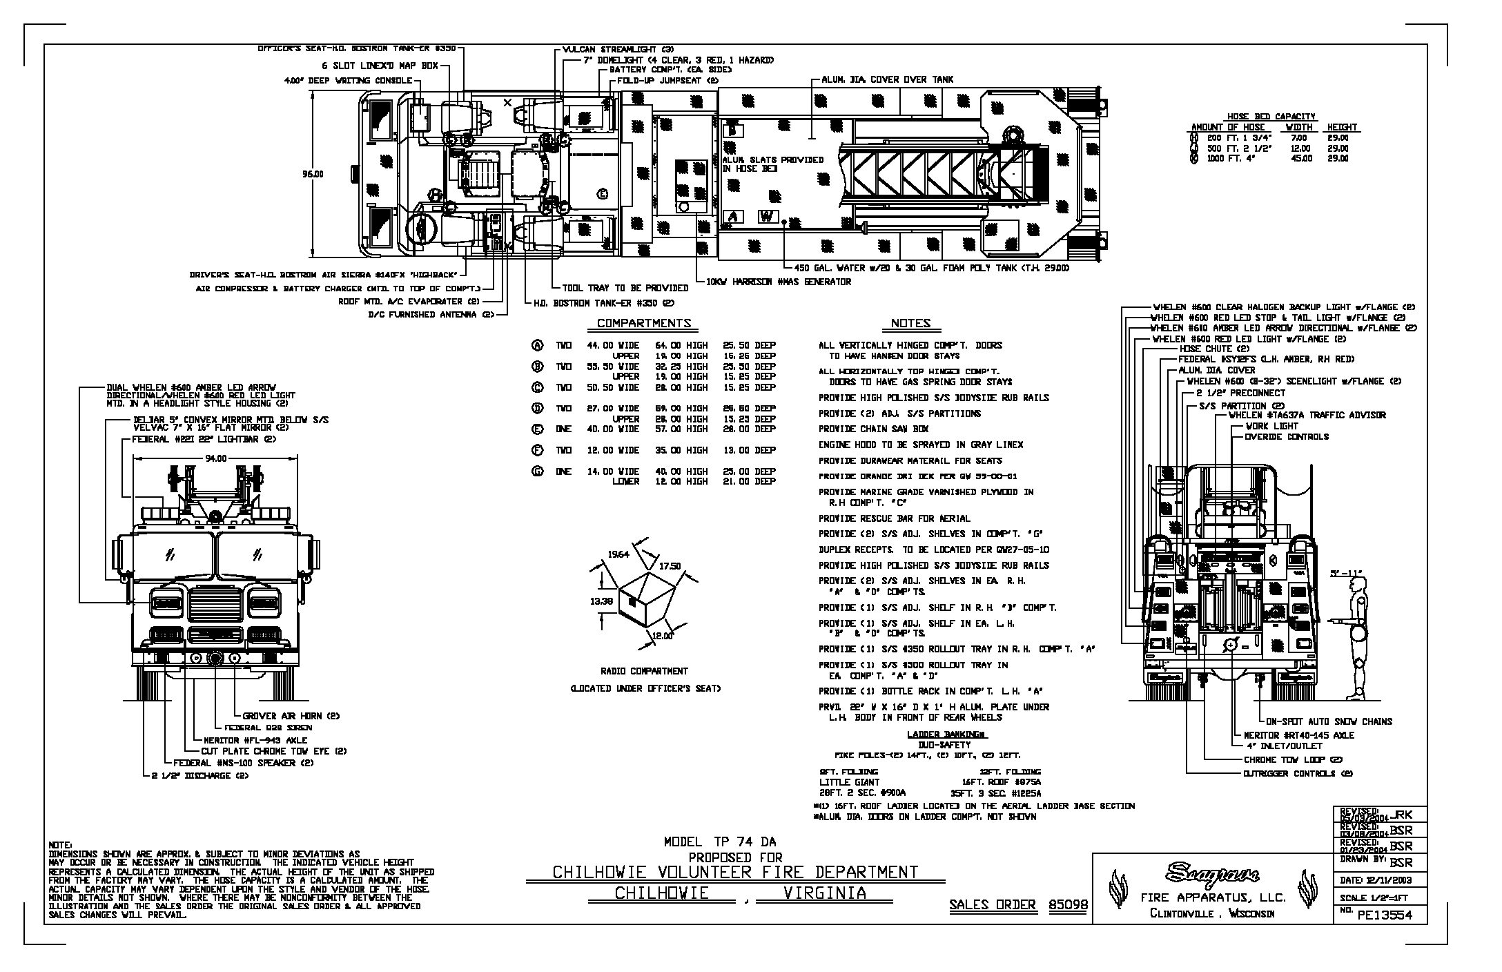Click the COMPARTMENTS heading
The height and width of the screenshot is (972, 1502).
(x=643, y=323)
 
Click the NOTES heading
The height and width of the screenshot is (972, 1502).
(x=910, y=323)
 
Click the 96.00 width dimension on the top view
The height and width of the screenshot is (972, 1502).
(x=312, y=174)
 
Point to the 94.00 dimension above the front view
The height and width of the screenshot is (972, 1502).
(x=215, y=458)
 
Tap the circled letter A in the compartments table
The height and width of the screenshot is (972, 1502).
(x=536, y=345)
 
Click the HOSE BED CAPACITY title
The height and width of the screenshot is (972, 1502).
(x=1271, y=116)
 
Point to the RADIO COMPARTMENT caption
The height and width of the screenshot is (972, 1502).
(x=645, y=671)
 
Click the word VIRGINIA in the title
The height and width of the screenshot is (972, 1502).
(x=825, y=893)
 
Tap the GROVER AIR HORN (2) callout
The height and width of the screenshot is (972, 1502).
(x=291, y=716)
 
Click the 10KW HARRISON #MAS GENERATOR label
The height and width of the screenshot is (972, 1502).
(x=778, y=282)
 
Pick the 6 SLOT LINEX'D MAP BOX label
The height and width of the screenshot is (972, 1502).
(x=380, y=66)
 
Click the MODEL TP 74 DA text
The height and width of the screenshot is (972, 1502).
(x=719, y=842)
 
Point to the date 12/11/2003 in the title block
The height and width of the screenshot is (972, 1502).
(x=1385, y=880)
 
